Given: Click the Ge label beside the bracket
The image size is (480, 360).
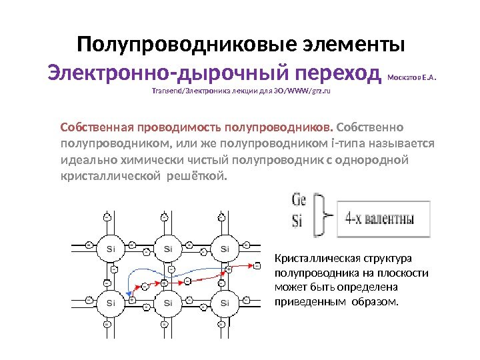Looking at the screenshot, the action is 299,201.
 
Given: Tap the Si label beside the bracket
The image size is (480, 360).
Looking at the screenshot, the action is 297,220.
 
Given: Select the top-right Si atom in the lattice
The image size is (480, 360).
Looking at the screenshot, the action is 225,249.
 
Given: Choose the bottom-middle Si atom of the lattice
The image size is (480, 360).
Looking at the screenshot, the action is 167,303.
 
